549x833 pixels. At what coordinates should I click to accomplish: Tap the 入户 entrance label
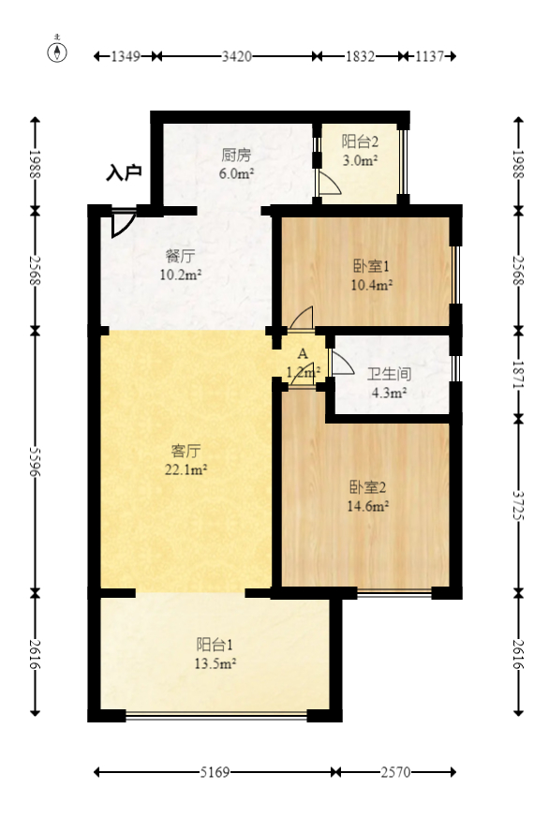tap(124, 172)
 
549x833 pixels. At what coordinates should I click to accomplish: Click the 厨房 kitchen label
tap(237, 156)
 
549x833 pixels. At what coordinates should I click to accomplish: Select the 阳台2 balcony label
tap(360, 142)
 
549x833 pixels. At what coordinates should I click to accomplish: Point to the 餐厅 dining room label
tap(180, 256)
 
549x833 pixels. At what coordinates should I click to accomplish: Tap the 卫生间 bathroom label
tap(389, 373)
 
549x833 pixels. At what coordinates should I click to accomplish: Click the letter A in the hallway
tap(302, 354)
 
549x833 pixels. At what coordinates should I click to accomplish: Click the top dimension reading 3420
tap(236, 56)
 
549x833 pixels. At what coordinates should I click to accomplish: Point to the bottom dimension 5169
tap(216, 773)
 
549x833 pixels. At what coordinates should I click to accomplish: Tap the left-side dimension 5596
tap(37, 461)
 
